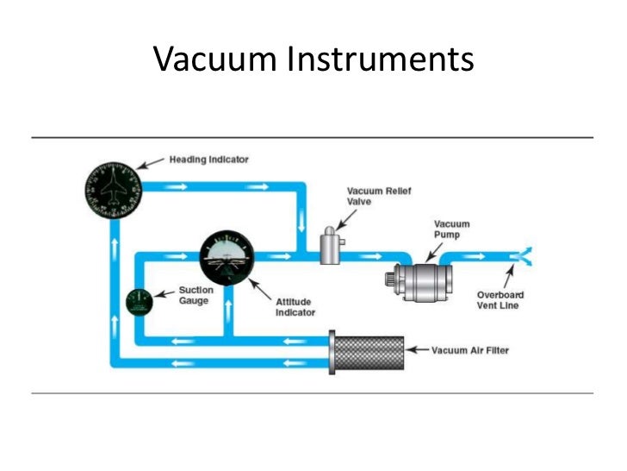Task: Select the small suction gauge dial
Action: click(x=139, y=302)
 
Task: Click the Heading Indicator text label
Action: click(x=210, y=160)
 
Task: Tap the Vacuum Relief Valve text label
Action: click(x=371, y=195)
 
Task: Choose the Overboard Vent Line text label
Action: click(x=500, y=300)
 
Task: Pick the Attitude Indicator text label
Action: click(x=295, y=307)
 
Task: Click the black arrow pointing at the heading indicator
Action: click(x=153, y=162)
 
